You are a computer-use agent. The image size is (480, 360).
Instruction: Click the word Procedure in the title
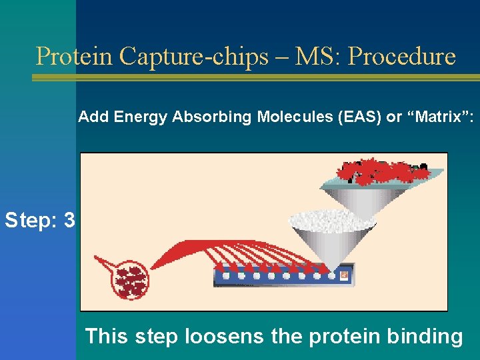point(402,56)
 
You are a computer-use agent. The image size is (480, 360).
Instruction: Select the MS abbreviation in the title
point(315,56)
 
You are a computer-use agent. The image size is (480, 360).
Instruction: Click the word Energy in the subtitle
point(142,117)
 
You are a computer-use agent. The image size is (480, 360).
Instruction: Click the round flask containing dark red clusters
point(131,281)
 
